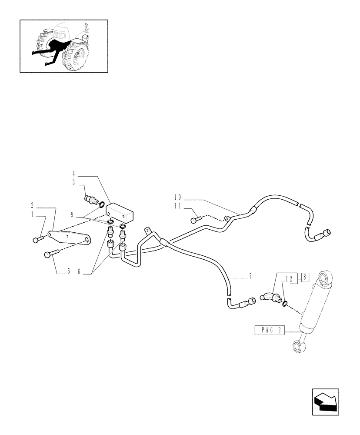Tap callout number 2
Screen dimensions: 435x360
pyautogui.click(x=32, y=204)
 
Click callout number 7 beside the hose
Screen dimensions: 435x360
pyautogui.click(x=250, y=276)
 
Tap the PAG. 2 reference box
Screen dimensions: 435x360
pyautogui.click(x=269, y=331)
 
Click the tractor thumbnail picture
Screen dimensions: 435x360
pyautogui.click(x=64, y=46)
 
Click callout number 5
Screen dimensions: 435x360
pyautogui.click(x=69, y=272)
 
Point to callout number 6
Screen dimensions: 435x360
pyautogui.click(x=80, y=272)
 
